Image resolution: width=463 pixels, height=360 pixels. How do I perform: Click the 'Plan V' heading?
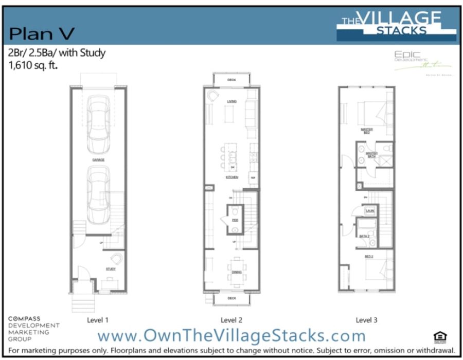42,34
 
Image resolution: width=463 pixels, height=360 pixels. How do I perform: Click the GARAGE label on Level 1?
98,160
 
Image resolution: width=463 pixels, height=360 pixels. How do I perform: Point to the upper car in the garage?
98,121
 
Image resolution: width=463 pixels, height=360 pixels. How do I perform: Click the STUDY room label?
111,269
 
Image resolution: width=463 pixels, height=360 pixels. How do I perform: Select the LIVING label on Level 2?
232,102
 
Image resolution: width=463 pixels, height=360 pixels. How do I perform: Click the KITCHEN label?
232,177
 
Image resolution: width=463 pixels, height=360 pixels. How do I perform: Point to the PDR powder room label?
235,220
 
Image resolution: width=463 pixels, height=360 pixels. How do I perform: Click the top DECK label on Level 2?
232,80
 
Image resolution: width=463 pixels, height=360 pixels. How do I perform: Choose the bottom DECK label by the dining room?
232,298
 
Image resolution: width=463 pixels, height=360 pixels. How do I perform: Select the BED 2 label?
369,256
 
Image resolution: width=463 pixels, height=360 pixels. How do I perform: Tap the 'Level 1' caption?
98,320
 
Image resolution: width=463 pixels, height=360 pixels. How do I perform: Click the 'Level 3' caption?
366,320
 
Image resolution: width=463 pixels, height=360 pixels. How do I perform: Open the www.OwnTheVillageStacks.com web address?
232,336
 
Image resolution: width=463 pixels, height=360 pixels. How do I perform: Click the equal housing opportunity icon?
441,337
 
